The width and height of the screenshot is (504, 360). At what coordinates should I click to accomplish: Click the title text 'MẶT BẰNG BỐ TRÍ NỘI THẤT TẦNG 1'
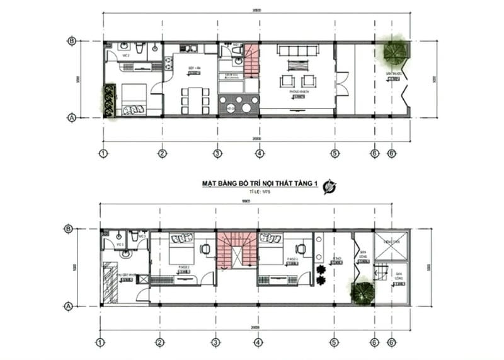tap(259, 183)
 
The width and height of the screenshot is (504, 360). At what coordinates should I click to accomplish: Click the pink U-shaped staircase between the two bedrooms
tap(236, 250)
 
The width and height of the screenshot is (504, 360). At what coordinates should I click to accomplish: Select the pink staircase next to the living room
tap(251, 59)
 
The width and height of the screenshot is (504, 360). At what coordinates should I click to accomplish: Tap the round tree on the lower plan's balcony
tap(362, 293)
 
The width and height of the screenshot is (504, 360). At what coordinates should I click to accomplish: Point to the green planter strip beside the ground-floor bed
tap(110, 100)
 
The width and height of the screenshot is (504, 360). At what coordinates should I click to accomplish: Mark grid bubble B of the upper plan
tap(72, 42)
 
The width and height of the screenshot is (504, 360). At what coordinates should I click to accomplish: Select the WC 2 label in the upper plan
tap(126, 55)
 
